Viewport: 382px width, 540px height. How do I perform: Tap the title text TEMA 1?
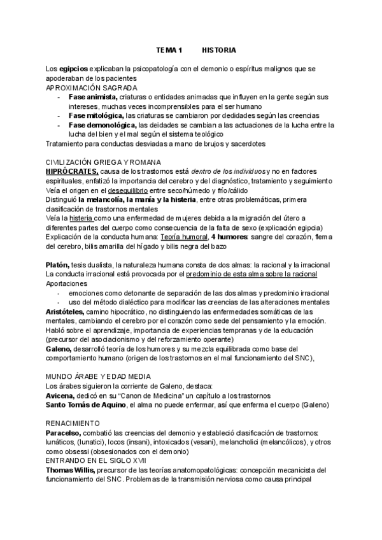tap(169, 49)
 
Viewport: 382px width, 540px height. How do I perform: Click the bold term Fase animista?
tap(93, 97)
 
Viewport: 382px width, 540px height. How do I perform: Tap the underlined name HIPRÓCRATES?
tap(72, 172)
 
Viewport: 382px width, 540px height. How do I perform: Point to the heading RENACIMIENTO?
tap(73, 423)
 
